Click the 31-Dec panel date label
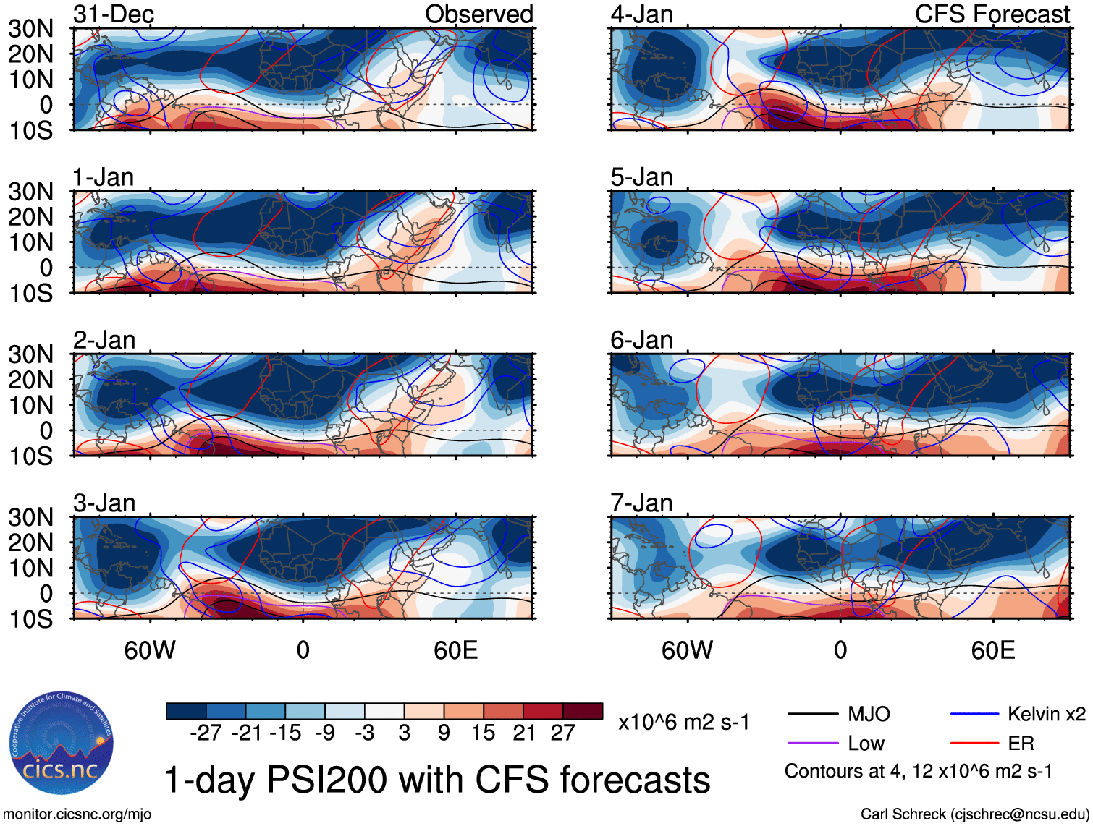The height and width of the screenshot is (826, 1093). tap(114, 14)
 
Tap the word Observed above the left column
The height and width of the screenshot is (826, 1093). tap(478, 14)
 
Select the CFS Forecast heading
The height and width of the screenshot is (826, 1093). tap(992, 14)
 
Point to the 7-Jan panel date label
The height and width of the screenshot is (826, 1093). tap(641, 503)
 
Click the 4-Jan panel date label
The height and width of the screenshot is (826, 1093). tap(641, 14)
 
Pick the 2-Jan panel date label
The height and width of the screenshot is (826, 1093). tap(104, 340)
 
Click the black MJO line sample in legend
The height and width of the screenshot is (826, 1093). tap(813, 715)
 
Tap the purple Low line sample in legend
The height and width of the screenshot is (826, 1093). tap(813, 744)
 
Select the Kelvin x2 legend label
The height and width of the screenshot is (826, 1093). tap(1046, 715)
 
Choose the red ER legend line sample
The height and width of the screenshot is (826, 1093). tap(974, 744)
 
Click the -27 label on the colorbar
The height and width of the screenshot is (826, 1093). tap(206, 733)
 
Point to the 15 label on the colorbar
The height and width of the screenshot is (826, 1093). tap(483, 733)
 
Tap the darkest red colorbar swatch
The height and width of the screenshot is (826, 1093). tap(583, 711)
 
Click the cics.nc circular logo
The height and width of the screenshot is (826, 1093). tap(62, 744)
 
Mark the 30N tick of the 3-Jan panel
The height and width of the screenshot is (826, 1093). tap(30, 518)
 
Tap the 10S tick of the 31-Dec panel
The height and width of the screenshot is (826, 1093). tap(30, 131)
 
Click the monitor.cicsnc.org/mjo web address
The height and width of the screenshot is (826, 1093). tap(77, 814)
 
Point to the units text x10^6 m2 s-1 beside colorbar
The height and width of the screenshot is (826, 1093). tap(683, 723)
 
